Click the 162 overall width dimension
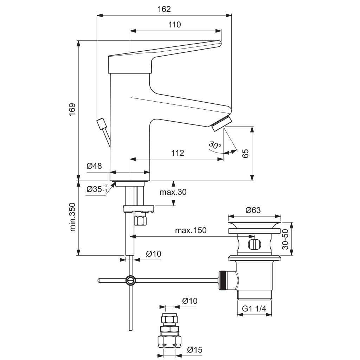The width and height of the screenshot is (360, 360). [164, 9]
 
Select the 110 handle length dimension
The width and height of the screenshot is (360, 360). [175, 25]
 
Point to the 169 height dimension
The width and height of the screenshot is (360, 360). [72, 110]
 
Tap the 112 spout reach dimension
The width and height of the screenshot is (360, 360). [178, 153]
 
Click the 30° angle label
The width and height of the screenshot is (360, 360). [214, 145]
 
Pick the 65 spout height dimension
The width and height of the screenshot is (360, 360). [245, 154]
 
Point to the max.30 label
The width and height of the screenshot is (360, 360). [173, 192]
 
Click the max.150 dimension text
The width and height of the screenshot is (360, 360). [191, 231]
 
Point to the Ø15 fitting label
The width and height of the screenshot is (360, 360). [194, 349]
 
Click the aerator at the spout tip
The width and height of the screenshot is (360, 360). [221, 124]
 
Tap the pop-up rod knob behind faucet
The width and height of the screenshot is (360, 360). [102, 124]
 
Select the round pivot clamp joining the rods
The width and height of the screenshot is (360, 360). [130, 280]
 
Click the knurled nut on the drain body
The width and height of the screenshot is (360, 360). [222, 280]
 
